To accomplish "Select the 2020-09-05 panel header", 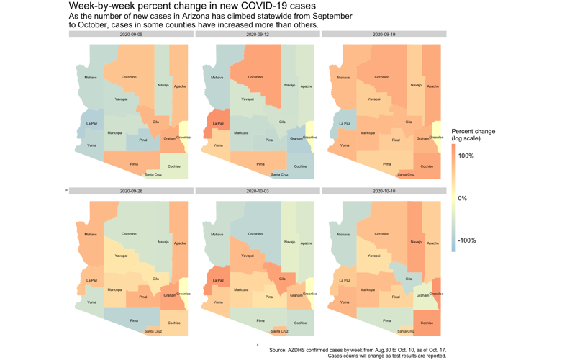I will tap(131, 35).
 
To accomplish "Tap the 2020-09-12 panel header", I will tap(258, 35).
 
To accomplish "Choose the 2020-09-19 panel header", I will tap(384, 35).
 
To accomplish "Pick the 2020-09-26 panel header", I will tap(131, 192).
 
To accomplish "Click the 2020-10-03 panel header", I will tap(258, 192).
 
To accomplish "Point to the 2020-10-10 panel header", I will tap(384, 192).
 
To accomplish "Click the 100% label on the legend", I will tap(466, 156).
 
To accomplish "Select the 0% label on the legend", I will tap(462, 199).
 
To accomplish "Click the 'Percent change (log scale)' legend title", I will tap(473, 135).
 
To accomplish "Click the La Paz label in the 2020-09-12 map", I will tap(218, 124).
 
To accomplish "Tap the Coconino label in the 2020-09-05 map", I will tap(129, 77).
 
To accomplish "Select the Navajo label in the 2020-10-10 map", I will tap(416, 242).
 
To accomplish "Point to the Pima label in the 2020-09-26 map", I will tap(134, 320).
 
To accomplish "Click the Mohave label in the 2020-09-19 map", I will tap(343, 78).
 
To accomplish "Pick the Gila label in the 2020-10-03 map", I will tap(282, 279).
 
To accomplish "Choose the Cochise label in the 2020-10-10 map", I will tap(427, 323).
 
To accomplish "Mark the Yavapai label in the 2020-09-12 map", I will tap(248, 99).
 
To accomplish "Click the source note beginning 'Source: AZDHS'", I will tap(358, 351).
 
